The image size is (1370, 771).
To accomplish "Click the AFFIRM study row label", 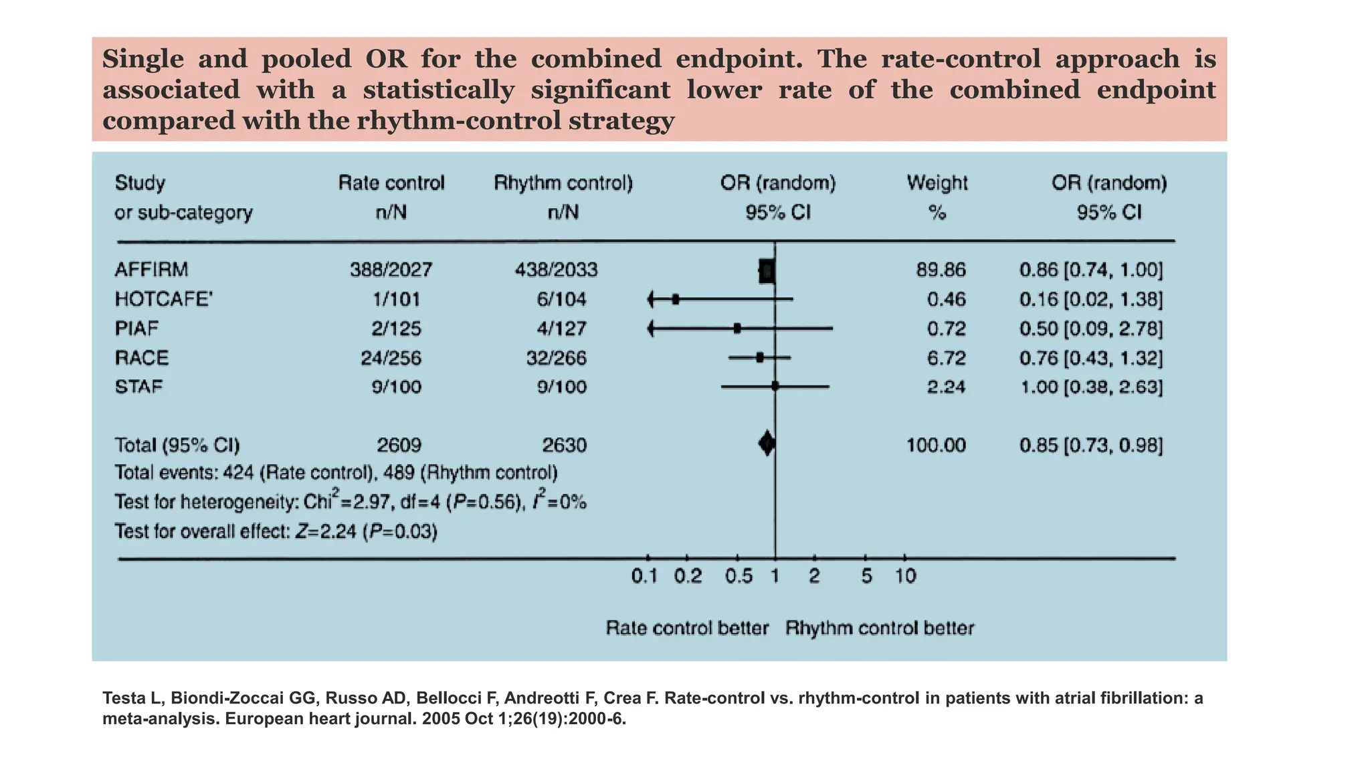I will (151, 270).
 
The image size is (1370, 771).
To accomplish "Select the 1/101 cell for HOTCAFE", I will (396, 299).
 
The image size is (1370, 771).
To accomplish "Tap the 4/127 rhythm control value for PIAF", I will (562, 329).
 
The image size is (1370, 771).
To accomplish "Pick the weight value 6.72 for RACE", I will (946, 358).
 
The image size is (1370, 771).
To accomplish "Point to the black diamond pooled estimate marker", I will (767, 443).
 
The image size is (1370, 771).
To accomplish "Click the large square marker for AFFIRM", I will (767, 271).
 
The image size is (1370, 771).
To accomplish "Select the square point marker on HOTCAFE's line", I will (676, 299).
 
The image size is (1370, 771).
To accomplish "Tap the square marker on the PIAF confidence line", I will (737, 329).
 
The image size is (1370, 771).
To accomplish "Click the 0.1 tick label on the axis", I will (645, 576).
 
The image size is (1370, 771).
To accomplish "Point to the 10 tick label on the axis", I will (906, 576).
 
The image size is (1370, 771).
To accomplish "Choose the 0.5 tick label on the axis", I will (739, 576).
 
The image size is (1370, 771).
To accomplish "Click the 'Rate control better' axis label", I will (687, 628).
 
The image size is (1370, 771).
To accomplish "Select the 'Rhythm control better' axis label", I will (879, 628).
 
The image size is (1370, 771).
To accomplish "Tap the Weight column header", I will (937, 183).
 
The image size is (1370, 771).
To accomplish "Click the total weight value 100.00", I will (936, 446).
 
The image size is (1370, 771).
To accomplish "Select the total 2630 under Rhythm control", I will (564, 446).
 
